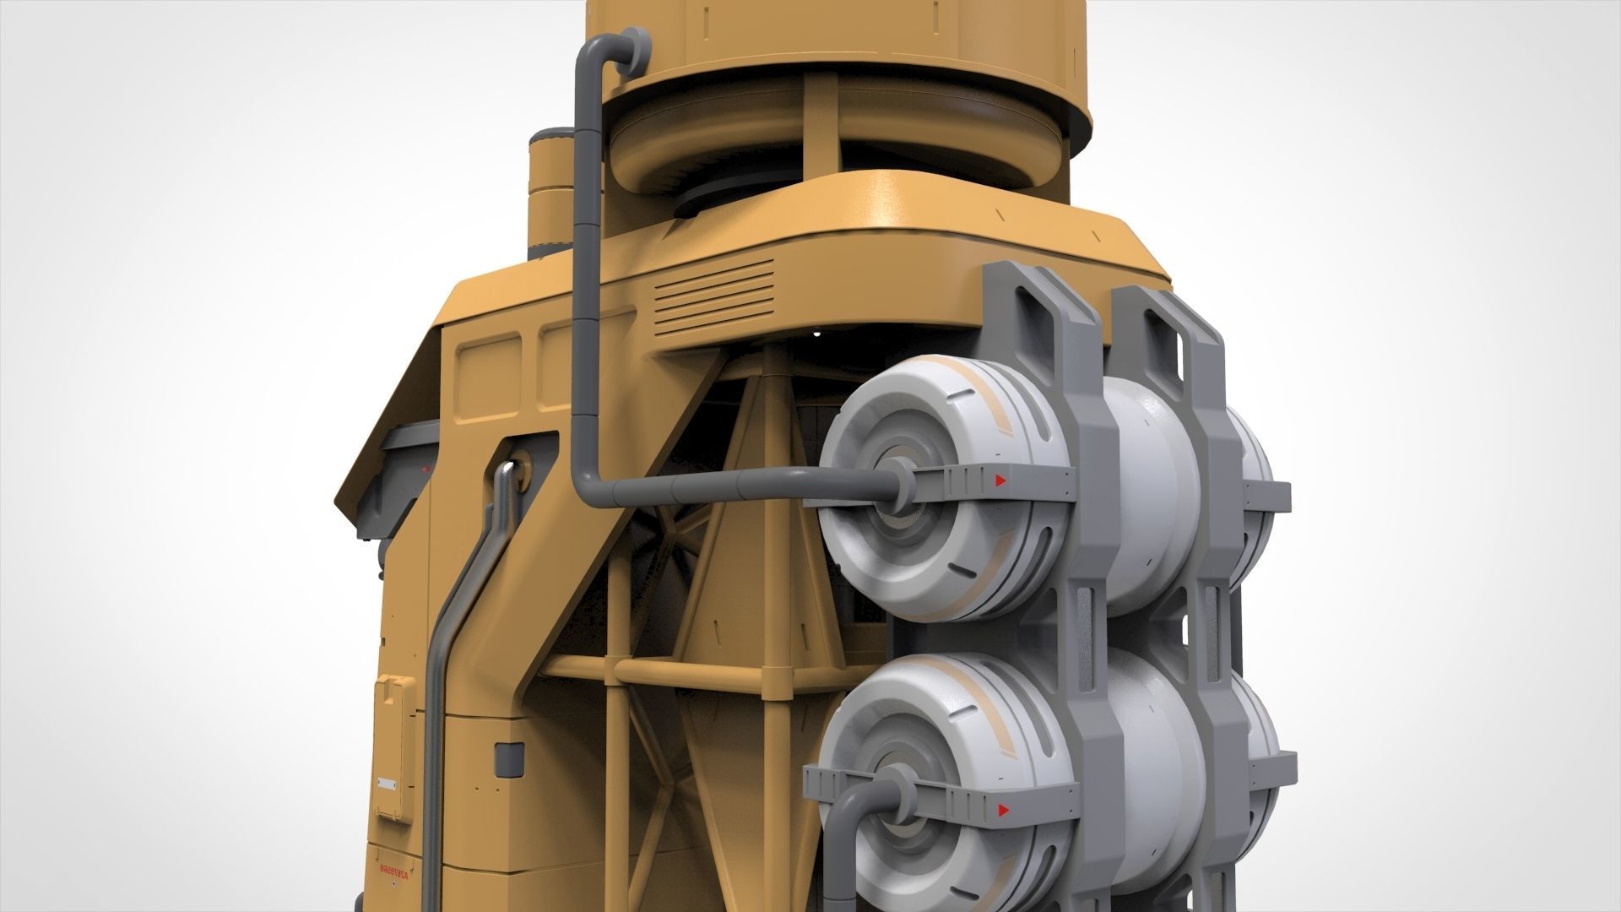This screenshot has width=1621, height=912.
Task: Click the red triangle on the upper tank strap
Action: pos(1000,481)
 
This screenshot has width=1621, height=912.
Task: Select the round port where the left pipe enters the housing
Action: pos(517,470)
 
